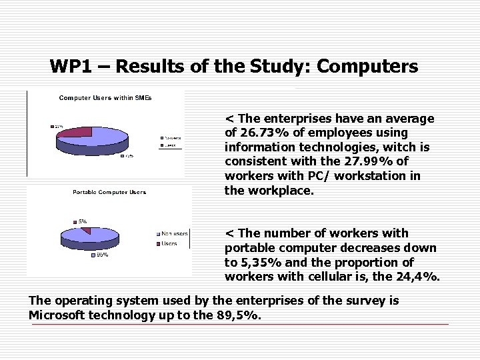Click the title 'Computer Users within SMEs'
point(105,98)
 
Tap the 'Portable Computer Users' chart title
point(109,193)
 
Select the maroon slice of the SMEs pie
point(74,132)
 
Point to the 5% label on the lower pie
point(83,221)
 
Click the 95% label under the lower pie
point(103,254)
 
